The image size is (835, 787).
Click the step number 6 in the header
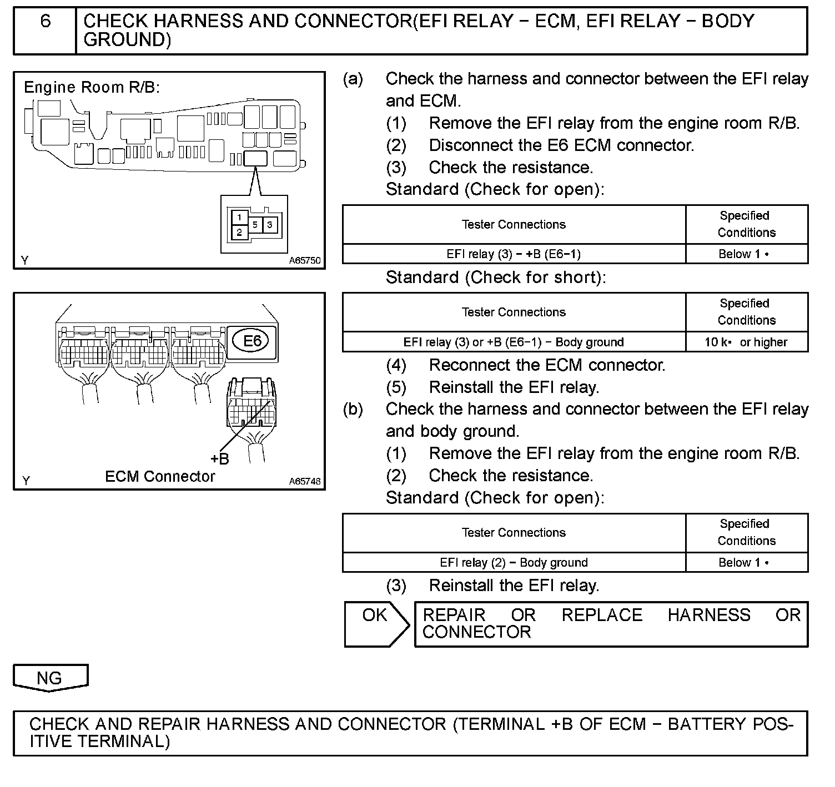[46, 21]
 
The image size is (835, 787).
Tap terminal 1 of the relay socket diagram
[239, 217]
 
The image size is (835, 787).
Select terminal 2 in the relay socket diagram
[239, 233]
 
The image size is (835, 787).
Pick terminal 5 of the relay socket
[255, 225]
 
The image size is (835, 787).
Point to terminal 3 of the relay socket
[270, 225]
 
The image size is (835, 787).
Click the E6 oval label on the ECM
[252, 340]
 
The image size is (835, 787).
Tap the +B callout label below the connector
[219, 459]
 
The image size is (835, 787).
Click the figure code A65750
[304, 260]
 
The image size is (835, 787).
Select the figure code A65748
[304, 481]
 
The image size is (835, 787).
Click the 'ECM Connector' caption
[160, 477]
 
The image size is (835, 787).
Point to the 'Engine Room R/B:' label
[92, 87]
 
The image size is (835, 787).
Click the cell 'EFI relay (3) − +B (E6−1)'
[514, 254]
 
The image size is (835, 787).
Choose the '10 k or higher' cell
[746, 342]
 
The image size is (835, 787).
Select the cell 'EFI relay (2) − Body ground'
[514, 562]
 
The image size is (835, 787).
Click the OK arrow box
[376, 624]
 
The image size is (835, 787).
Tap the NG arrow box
[50, 678]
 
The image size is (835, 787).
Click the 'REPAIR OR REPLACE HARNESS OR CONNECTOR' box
[611, 624]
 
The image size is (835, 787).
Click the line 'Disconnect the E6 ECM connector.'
[561, 145]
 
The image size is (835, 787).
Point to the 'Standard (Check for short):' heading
[496, 278]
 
